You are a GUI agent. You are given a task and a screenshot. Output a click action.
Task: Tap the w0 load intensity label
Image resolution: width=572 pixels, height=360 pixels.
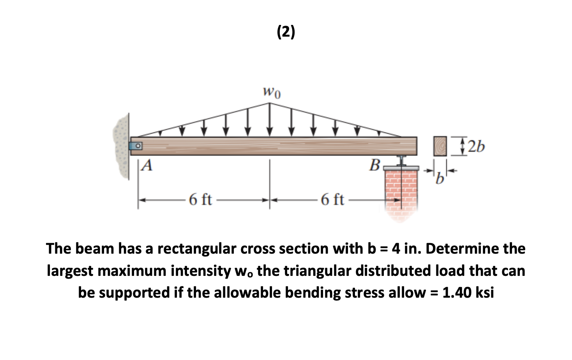click(x=272, y=93)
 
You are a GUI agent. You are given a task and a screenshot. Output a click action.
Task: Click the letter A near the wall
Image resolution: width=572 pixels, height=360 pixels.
click(x=147, y=166)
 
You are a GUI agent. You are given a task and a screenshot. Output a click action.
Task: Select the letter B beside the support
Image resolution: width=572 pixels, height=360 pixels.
click(x=374, y=165)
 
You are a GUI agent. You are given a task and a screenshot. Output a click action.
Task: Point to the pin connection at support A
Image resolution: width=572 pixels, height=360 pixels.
click(x=136, y=146)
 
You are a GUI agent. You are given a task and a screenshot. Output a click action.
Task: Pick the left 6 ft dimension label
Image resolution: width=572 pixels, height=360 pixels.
click(x=200, y=200)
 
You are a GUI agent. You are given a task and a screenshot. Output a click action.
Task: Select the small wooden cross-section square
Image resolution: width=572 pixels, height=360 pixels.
click(x=440, y=146)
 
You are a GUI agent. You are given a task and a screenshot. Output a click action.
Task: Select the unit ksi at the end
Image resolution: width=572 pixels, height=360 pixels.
click(x=485, y=292)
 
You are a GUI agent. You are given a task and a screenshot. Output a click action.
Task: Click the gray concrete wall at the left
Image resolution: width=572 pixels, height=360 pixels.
click(x=122, y=146)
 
